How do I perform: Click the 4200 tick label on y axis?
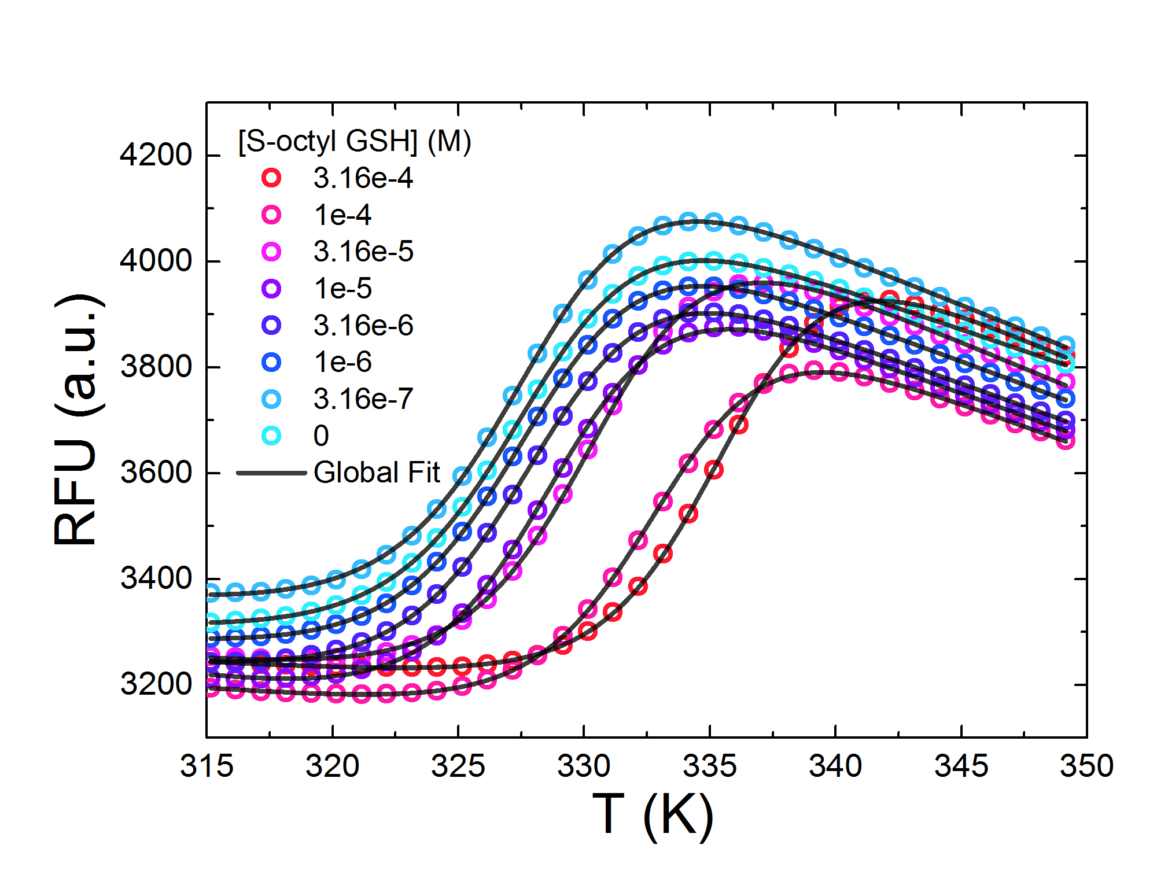click(155, 155)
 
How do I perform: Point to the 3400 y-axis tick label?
click(155, 578)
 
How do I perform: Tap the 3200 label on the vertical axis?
click(155, 684)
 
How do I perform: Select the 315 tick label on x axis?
click(207, 766)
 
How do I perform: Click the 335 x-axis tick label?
click(709, 766)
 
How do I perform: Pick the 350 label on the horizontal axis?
click(1086, 766)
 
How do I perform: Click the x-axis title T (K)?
click(653, 815)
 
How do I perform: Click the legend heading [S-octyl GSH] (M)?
click(354, 141)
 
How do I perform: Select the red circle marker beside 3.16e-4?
click(271, 178)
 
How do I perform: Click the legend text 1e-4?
click(342, 215)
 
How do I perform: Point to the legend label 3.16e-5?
click(363, 252)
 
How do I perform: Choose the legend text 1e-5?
click(342, 289)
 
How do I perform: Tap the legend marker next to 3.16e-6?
click(271, 326)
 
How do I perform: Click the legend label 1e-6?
click(342, 362)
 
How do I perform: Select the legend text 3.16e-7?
click(363, 399)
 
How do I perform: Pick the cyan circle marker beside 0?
click(271, 436)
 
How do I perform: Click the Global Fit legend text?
click(377, 473)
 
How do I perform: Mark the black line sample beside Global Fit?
click(271, 473)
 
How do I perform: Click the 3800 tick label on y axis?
click(155, 367)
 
